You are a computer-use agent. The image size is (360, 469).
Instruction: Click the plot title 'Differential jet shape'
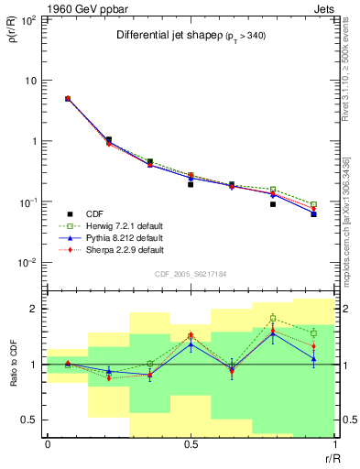(165, 36)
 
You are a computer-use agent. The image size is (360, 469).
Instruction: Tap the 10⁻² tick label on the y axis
(27, 263)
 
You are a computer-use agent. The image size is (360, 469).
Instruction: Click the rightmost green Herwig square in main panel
(313, 204)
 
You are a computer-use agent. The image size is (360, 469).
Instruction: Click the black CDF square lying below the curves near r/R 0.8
(273, 204)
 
